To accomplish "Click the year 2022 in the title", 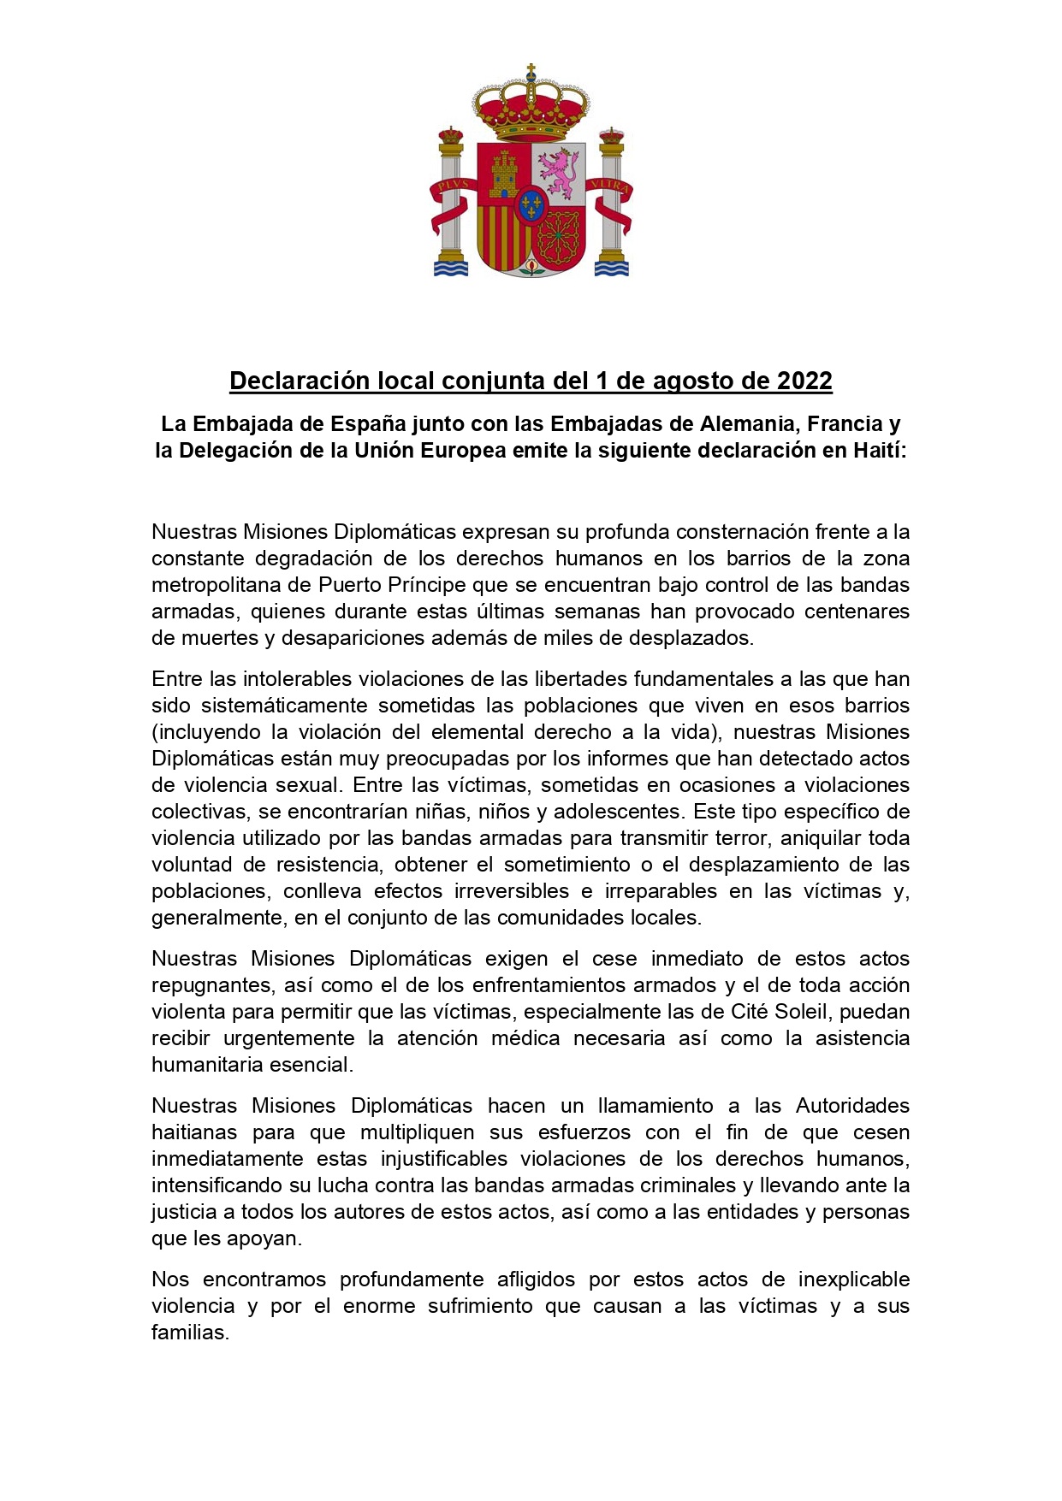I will pyautogui.click(x=804, y=381).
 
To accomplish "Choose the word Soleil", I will pyautogui.click(x=801, y=1011).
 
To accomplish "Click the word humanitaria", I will pyautogui.click(x=208, y=1064).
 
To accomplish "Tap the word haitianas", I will pyautogui.click(x=194, y=1132).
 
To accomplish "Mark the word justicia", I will pyautogui.click(x=184, y=1211).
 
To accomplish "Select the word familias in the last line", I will pyautogui.click(x=190, y=1332).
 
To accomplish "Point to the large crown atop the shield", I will pyautogui.click(x=531, y=107).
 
